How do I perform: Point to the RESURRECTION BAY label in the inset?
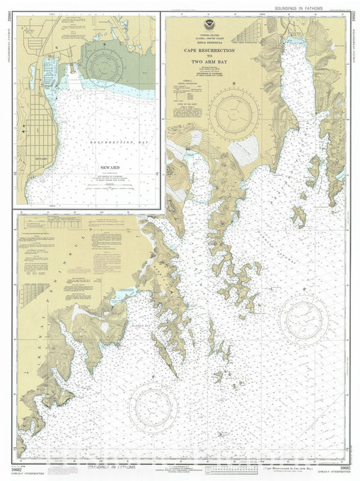112,144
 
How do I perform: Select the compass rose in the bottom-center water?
155,405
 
